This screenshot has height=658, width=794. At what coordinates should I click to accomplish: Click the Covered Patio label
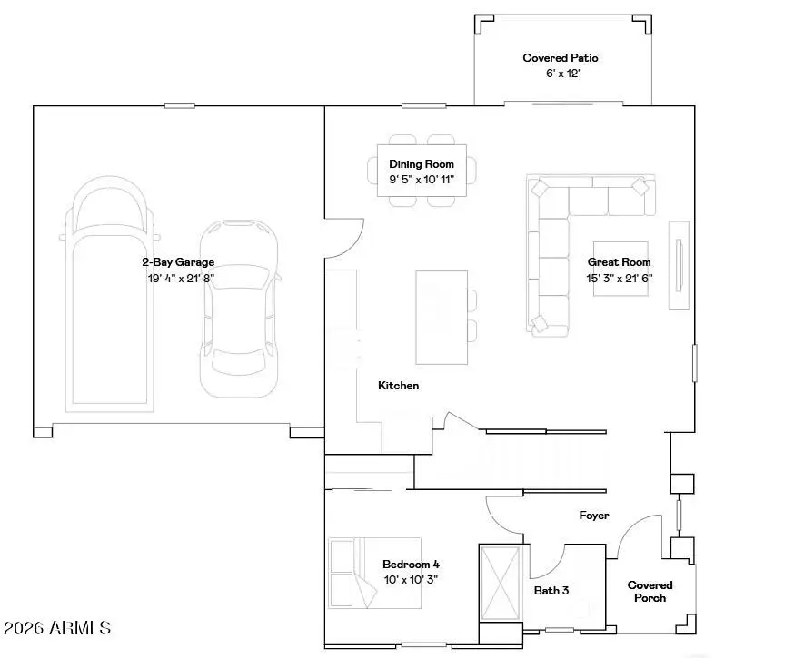pos(561,58)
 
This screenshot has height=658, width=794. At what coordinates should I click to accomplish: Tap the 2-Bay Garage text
pos(177,262)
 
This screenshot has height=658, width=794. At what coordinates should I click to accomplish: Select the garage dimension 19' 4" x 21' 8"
pos(181,278)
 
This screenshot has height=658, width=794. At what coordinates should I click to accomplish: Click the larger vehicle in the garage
pos(108,300)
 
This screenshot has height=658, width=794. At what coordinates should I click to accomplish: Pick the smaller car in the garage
pos(238,309)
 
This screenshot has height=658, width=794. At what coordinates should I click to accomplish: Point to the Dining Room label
pos(421,164)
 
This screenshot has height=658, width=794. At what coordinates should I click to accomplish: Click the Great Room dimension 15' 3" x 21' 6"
pos(619,279)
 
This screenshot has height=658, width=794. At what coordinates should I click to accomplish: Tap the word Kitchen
pos(399,386)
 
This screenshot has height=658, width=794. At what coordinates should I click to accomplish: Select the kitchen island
pos(442,317)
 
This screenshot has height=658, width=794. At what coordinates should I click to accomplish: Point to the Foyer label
pos(594,516)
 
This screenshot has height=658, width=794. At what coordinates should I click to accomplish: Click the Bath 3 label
pos(551,590)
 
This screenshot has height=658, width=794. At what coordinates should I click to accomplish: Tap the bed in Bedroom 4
pos(352,573)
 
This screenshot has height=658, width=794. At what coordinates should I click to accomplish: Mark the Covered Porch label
pos(650,591)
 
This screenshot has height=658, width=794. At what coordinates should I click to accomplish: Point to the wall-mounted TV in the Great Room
pos(678,265)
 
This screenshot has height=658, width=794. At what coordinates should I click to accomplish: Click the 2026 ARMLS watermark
pos(57,628)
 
